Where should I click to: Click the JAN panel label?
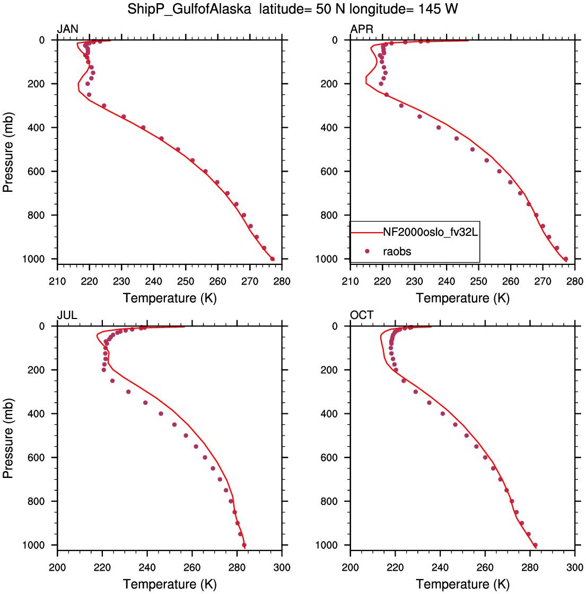tap(67, 29)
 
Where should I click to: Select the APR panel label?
tap(362, 29)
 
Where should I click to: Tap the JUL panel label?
tap(67, 315)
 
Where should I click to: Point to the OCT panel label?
tap(362, 315)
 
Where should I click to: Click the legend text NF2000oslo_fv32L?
tap(431, 232)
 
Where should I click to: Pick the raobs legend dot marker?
tap(367, 251)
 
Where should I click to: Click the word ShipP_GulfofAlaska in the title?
tap(189, 8)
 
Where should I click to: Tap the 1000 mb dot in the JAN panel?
tap(272, 259)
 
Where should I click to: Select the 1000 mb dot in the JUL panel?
tap(244, 545)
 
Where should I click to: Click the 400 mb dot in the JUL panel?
tap(161, 414)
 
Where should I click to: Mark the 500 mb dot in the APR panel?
tap(473, 149)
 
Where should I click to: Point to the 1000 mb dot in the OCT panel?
tap(535, 545)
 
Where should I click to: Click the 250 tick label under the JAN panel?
tap(186, 281)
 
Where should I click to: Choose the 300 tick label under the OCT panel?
tap(575, 568)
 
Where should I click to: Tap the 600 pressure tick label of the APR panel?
tap(329, 172)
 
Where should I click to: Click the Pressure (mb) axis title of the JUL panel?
tap(8, 438)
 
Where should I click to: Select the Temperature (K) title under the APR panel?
tap(462, 298)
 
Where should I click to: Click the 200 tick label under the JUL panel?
tap(57, 568)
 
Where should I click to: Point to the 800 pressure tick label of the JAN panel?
tap(36, 215)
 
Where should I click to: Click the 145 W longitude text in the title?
tap(438, 8)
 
